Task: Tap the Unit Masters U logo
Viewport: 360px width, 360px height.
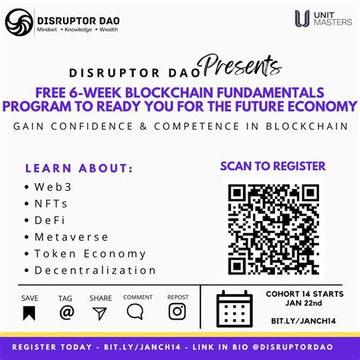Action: [x=302, y=19]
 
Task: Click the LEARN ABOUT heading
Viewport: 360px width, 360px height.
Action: [x=79, y=169]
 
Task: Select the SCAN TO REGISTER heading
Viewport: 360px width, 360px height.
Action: [x=273, y=166]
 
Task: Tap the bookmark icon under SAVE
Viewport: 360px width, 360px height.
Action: [x=29, y=312]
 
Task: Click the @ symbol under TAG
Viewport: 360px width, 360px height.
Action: [x=67, y=311]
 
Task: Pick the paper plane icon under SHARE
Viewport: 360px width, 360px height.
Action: [x=100, y=312]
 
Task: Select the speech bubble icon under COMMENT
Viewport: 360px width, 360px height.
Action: [x=135, y=311]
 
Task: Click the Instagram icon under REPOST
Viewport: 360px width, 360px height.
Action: [x=177, y=311]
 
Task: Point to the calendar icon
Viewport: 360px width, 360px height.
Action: [x=235, y=308]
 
